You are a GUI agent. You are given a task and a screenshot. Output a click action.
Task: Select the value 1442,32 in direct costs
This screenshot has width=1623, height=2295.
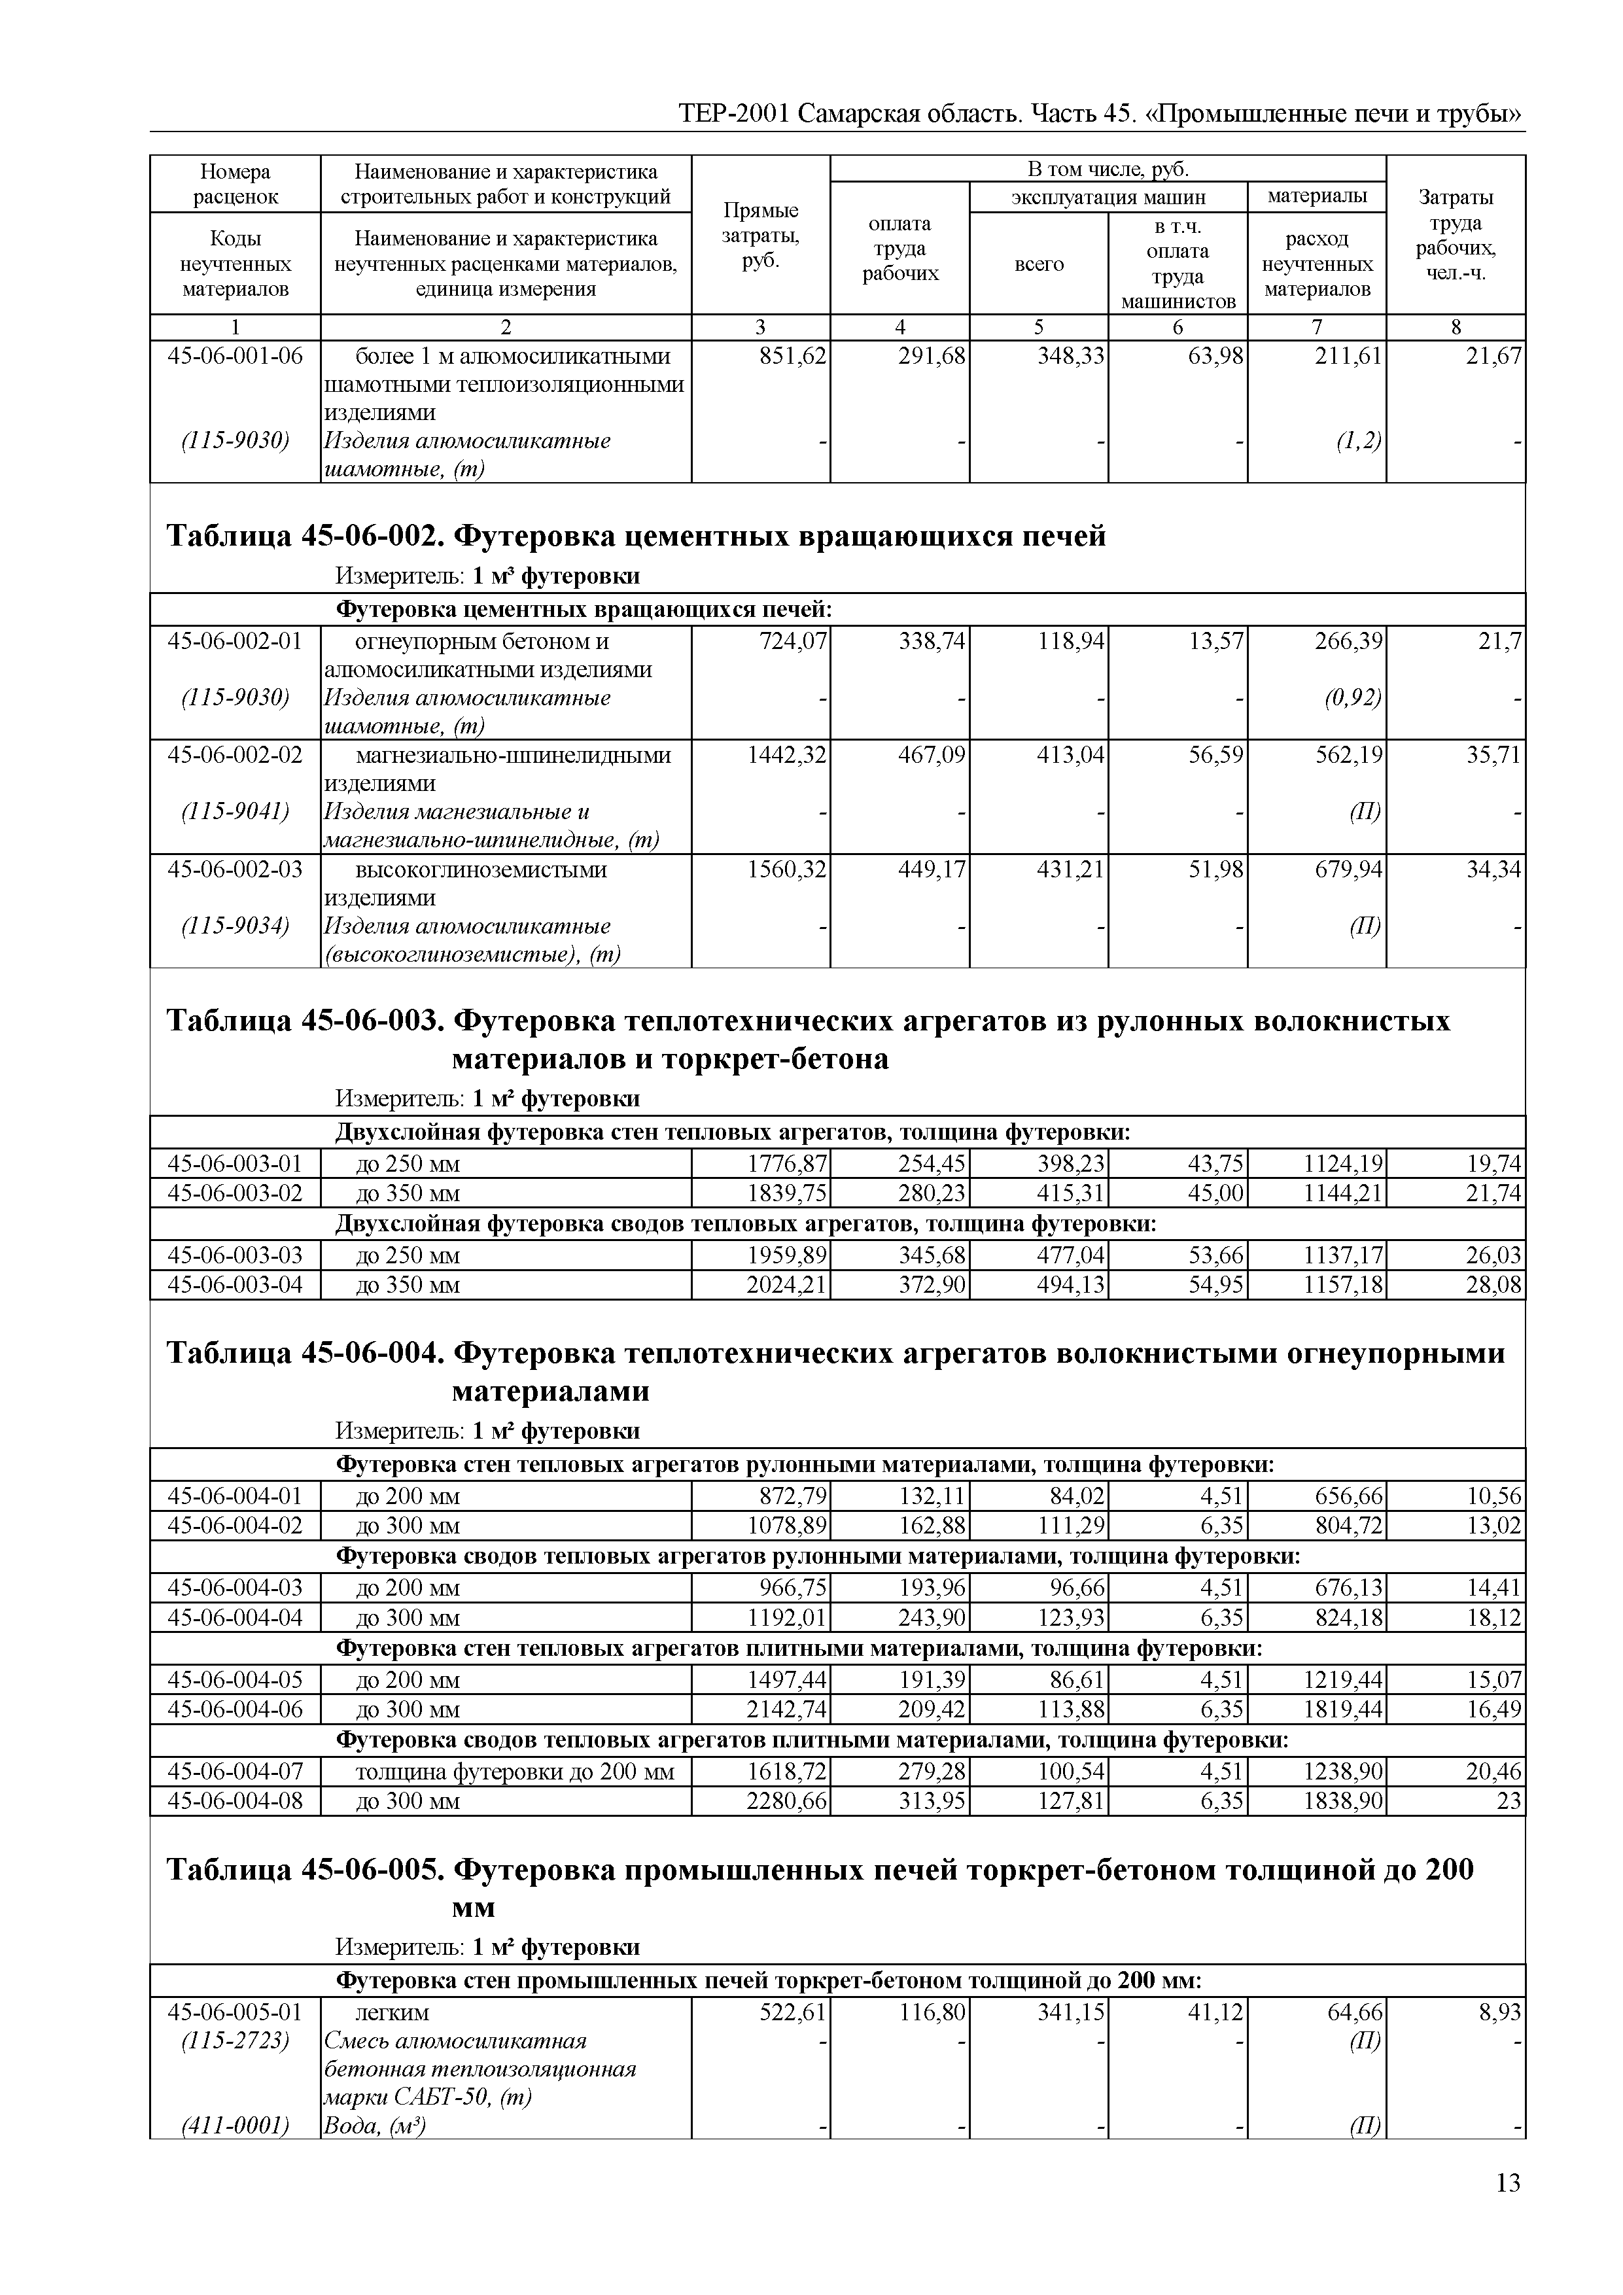(788, 755)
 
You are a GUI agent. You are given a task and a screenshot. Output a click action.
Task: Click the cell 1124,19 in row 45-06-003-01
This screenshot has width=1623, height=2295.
(1343, 1163)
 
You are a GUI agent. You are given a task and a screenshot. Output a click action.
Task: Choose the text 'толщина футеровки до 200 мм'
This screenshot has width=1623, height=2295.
(515, 1772)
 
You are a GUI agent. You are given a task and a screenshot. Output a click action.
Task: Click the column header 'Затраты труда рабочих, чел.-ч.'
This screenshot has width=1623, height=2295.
(1455, 235)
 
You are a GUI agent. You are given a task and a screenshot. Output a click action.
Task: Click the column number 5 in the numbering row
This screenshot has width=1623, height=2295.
(1038, 327)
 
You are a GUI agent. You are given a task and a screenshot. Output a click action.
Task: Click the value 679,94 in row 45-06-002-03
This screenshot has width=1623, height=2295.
(1349, 869)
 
